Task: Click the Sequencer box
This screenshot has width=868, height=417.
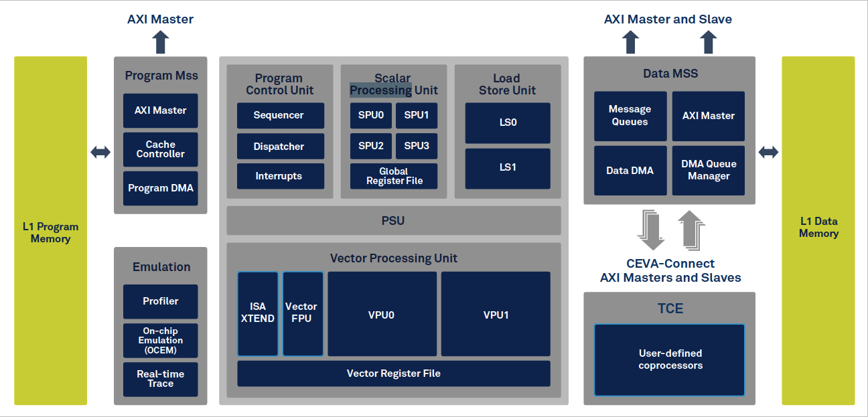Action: [x=280, y=115]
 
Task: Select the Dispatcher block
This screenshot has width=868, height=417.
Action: [x=280, y=147]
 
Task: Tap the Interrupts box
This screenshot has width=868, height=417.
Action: [x=280, y=176]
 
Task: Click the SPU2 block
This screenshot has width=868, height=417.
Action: [x=371, y=145]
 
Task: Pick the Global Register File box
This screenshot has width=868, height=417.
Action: [x=394, y=176]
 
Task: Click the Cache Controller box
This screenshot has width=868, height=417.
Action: [x=161, y=149]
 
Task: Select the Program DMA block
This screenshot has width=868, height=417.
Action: [x=161, y=188]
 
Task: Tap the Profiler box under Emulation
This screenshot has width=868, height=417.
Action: [x=161, y=301]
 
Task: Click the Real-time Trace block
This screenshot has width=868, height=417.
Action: [x=161, y=379]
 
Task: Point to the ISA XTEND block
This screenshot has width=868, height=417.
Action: [x=258, y=313]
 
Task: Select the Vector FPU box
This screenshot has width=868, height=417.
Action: [x=302, y=313]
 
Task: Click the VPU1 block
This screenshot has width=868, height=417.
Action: [x=496, y=314]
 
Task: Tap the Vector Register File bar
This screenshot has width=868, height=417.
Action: [x=394, y=373]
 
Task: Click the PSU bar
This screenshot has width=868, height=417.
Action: [x=394, y=220]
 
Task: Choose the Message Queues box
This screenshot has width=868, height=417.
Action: [x=630, y=116]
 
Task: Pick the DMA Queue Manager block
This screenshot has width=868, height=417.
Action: [x=709, y=171]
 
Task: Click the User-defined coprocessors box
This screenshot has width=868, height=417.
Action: [x=670, y=359]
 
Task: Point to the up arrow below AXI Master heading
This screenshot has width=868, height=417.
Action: [x=160, y=42]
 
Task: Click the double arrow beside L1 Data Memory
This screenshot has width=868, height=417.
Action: [x=768, y=152]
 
